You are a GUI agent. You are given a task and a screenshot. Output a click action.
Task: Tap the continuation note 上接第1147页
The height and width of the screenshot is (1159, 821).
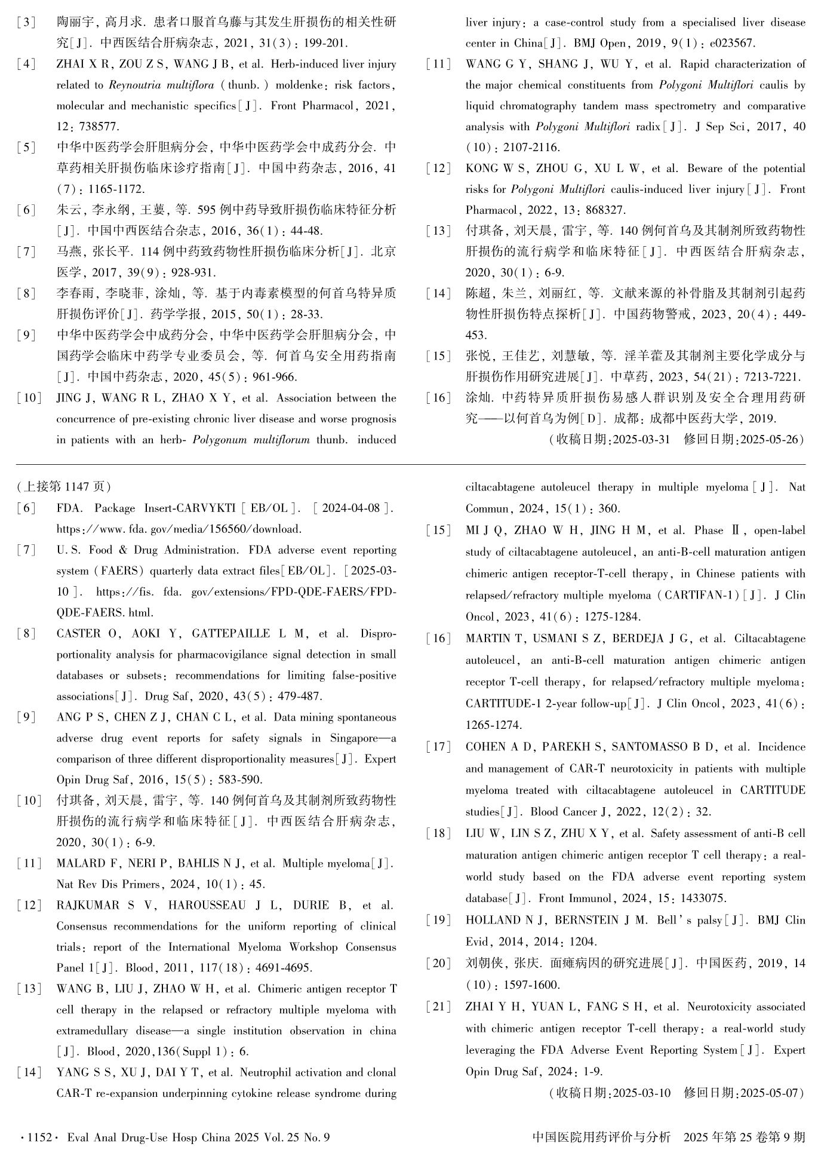[63, 487]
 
